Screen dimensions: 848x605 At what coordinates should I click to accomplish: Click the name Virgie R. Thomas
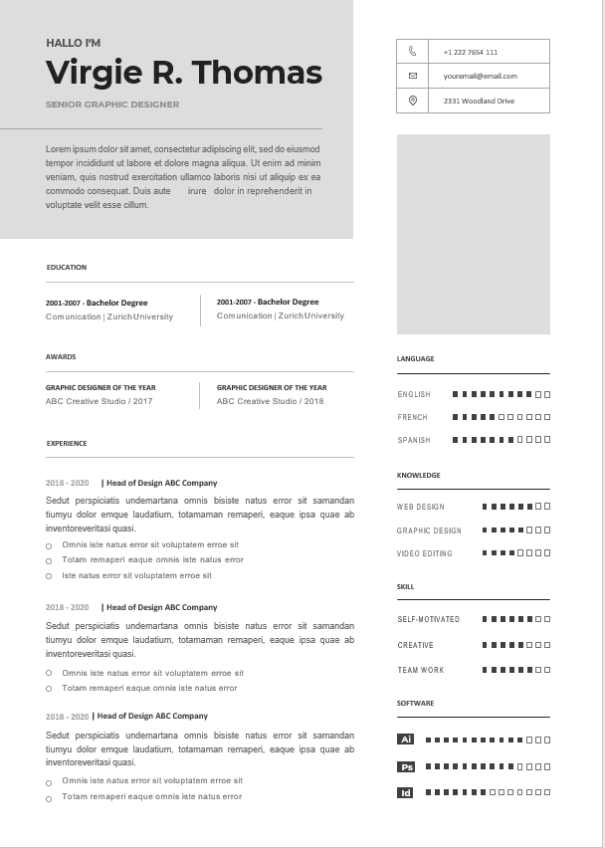[x=184, y=73]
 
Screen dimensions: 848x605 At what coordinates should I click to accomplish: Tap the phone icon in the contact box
[x=412, y=51]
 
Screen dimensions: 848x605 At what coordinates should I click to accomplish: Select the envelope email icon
[x=412, y=76]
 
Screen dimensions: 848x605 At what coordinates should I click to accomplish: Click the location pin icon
[x=412, y=101]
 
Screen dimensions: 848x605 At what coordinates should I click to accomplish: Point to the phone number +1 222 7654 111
[x=470, y=52]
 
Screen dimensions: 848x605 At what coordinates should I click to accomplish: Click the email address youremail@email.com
[x=480, y=76]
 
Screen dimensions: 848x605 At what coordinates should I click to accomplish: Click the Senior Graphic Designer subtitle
[x=112, y=105]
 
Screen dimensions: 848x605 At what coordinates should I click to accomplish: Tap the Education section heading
[x=67, y=268]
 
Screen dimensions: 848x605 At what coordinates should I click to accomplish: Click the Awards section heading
[x=61, y=356]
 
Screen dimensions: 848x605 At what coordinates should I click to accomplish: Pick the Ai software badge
[x=406, y=740]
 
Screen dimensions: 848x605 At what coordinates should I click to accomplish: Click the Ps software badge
[x=406, y=767]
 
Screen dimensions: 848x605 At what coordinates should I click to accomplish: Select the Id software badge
[x=406, y=793]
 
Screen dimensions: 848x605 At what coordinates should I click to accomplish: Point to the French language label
[x=413, y=418]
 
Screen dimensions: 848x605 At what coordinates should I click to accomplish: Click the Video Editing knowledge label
[x=425, y=553]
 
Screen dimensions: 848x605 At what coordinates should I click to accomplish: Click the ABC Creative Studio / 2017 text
[x=100, y=401]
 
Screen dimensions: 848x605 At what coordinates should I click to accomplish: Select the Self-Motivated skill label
[x=429, y=619]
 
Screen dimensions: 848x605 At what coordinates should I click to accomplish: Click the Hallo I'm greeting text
[x=73, y=43]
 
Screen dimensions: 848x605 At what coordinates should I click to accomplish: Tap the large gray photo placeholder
[x=473, y=234]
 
